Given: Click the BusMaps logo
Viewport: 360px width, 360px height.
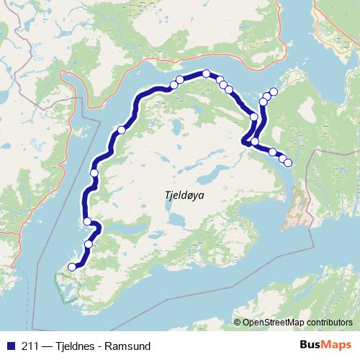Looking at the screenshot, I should [x=324, y=345].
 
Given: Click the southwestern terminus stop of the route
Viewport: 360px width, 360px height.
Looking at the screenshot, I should [x=71, y=267].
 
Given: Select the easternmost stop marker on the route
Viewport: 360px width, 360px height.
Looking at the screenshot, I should [x=289, y=163].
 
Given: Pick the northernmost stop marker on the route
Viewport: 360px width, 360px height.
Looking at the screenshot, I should [x=207, y=73].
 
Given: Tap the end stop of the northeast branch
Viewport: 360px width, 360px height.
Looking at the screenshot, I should [x=274, y=91].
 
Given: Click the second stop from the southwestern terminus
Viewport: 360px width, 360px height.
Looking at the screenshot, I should [x=89, y=244].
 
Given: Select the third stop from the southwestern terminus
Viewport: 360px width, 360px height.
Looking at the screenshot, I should [x=87, y=221].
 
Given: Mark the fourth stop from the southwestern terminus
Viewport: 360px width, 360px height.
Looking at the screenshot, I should [x=94, y=173].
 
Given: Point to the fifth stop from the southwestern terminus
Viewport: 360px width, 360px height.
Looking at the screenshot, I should [x=122, y=130].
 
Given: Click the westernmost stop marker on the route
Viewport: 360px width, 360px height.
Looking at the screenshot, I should [x=71, y=267].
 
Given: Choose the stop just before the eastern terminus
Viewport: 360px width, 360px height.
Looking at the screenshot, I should [x=282, y=158].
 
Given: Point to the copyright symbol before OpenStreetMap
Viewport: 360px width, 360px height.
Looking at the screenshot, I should [x=237, y=322].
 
